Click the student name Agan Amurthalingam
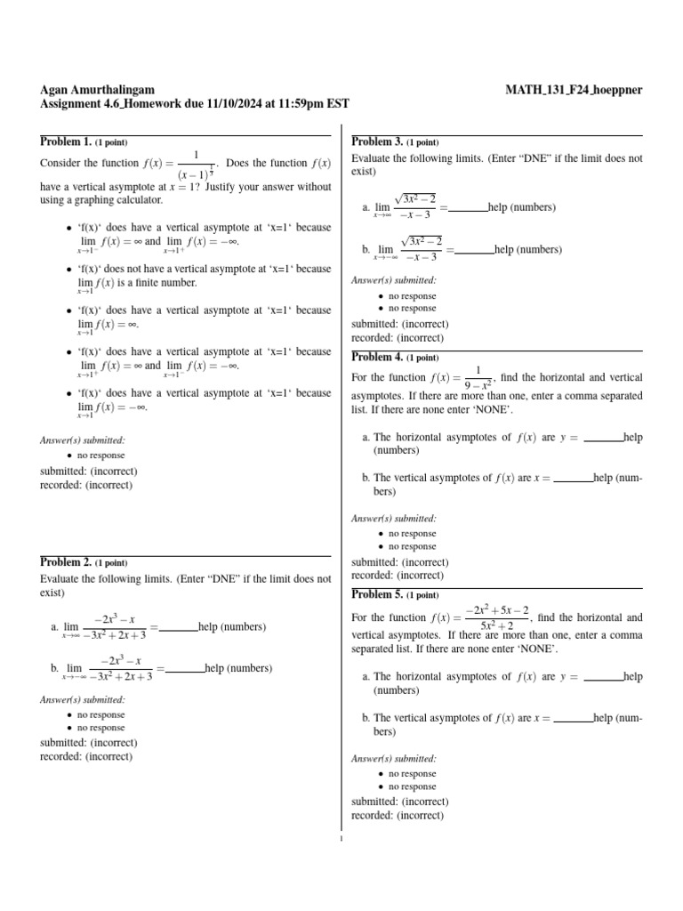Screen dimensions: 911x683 [x=98, y=89]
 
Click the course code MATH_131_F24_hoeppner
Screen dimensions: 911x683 [x=574, y=89]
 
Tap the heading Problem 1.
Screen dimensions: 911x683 [x=66, y=141]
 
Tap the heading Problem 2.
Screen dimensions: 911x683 [x=66, y=562]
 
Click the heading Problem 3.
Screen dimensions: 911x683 [x=377, y=141]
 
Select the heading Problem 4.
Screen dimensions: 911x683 [x=377, y=358]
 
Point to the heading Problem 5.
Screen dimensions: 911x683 [x=377, y=593]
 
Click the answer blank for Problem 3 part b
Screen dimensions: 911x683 [x=475, y=251]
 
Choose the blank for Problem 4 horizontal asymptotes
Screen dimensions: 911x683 [x=604, y=438]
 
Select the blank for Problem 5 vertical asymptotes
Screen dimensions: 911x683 [x=574, y=718]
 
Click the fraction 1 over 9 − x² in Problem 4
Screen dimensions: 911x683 [x=478, y=378]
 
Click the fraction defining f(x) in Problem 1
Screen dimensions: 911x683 [x=196, y=163]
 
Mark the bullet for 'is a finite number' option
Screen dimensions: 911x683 [x=69, y=269]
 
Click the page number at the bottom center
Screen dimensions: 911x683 [x=341, y=837]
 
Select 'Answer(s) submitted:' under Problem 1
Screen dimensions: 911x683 [x=83, y=439]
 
